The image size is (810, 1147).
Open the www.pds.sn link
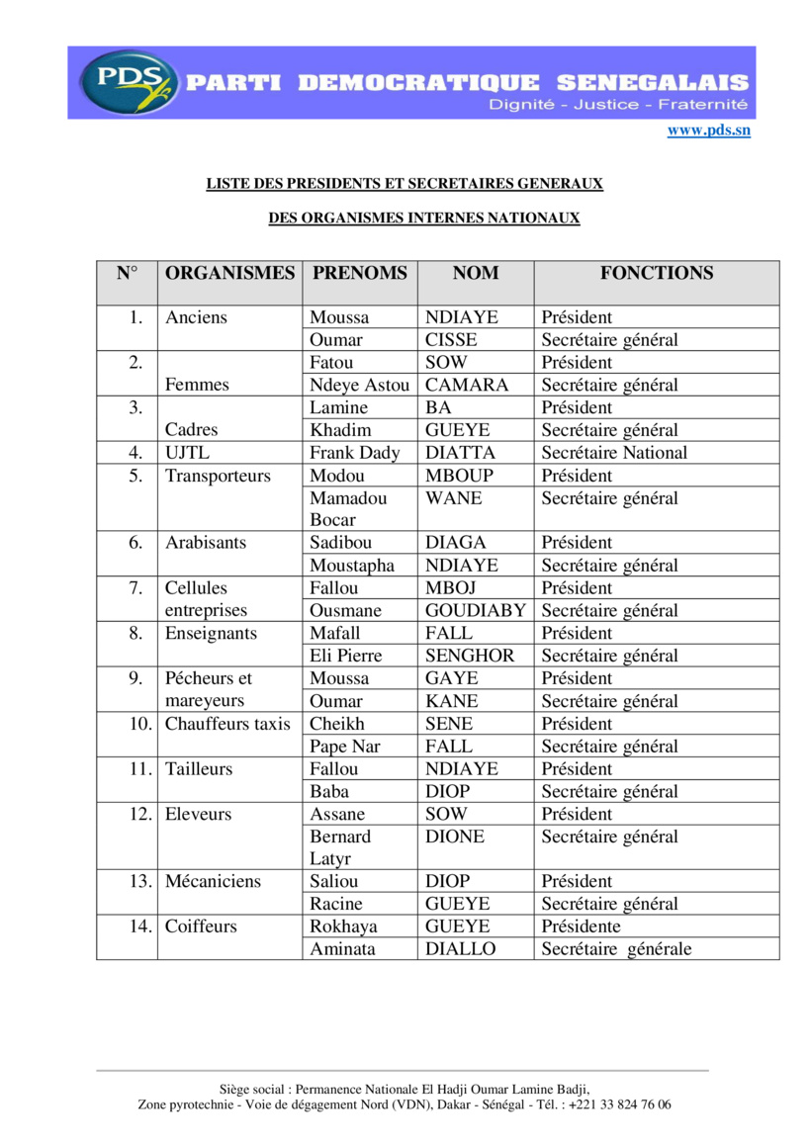708,131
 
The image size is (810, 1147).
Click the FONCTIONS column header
656,274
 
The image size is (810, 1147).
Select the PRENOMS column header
360,274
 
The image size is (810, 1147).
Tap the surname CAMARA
466,386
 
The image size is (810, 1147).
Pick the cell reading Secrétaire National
614,454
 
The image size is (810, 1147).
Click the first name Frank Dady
355,454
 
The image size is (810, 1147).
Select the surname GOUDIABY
476,611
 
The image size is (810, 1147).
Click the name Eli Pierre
345,657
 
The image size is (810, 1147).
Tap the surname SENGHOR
470,657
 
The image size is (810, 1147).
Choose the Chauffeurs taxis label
227,724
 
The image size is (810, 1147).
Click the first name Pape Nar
344,747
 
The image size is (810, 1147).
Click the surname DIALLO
460,949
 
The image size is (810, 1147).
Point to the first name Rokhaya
343,927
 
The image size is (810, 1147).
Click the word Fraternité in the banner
703,105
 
